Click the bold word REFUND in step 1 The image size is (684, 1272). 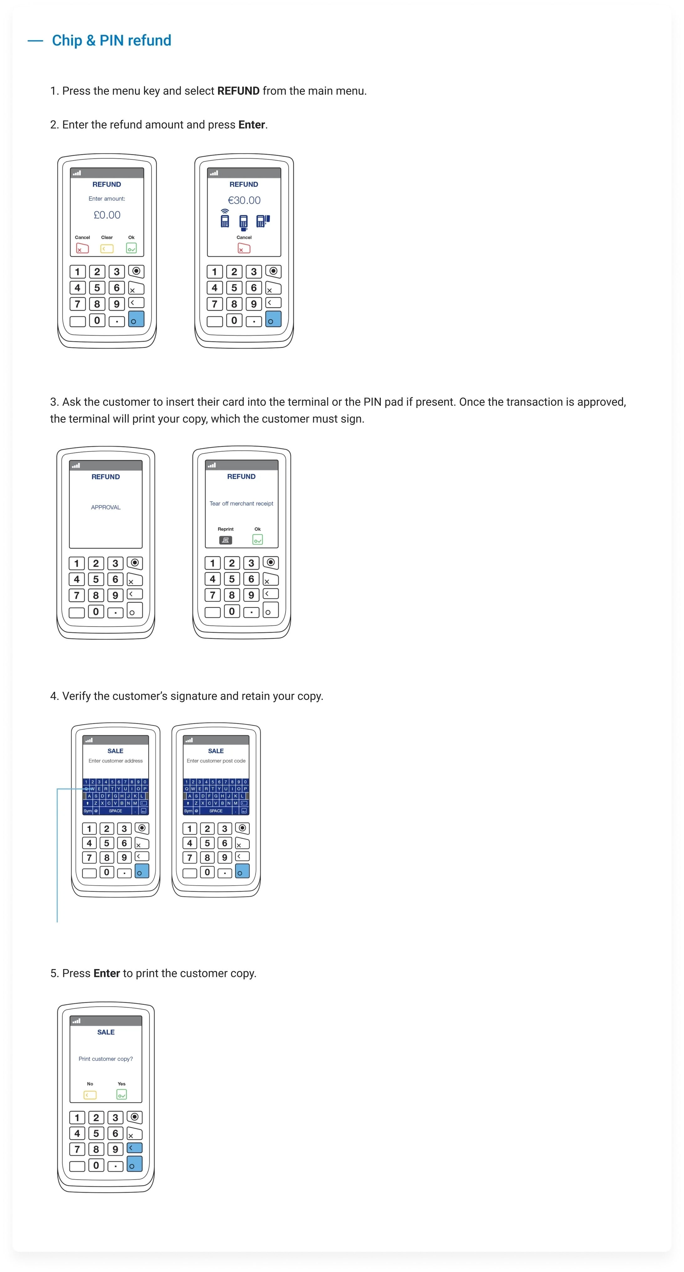tap(238, 91)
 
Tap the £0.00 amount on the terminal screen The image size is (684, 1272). tap(107, 215)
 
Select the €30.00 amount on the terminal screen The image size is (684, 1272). tap(244, 200)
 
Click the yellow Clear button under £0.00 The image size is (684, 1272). tap(107, 249)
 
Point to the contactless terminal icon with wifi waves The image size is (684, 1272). tap(225, 218)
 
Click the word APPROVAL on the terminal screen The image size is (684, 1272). tap(106, 507)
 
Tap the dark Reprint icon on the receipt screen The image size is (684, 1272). tap(225, 540)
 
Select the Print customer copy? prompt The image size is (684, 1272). tap(106, 1059)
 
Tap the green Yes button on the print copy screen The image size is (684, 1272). tap(122, 1095)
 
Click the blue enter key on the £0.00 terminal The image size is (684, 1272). tap(137, 319)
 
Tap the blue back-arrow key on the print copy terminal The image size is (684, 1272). tap(134, 1147)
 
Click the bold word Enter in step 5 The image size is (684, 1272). tap(107, 973)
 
